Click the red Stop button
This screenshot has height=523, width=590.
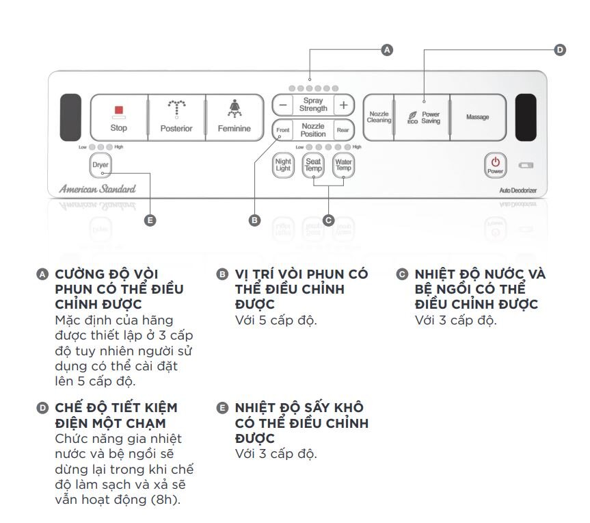tap(118, 117)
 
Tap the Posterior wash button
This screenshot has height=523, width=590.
tap(176, 117)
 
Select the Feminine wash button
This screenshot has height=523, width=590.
tap(234, 117)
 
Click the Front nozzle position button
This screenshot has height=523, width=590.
tap(282, 130)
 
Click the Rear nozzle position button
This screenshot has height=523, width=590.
tap(343, 130)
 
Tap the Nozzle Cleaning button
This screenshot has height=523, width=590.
tap(378, 117)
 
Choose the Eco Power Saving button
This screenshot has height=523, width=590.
tap(423, 117)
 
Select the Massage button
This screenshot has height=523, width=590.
tap(477, 117)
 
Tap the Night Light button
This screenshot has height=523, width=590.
tap(282, 165)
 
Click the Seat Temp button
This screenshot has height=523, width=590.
tap(313, 165)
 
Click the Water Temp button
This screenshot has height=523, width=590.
tap(343, 165)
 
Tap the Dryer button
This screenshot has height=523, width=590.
tap(100, 165)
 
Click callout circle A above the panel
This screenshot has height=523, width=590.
tap(387, 50)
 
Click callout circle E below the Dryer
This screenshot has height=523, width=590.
tap(150, 220)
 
